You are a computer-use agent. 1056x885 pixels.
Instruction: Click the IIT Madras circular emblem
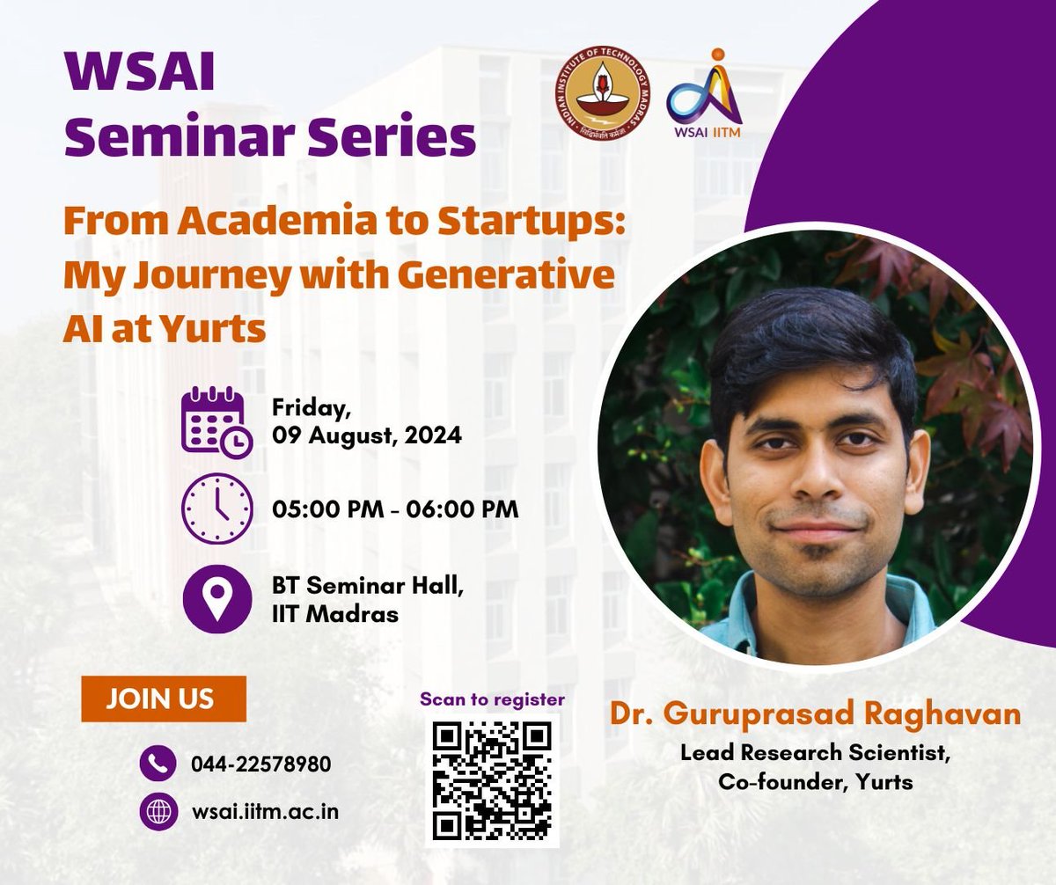point(608,91)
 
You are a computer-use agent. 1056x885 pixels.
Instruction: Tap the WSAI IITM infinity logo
point(703,93)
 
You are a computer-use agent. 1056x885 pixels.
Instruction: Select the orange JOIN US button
point(163,699)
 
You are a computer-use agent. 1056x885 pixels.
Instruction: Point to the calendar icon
point(216,422)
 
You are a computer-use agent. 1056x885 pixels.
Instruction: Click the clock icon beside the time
point(216,509)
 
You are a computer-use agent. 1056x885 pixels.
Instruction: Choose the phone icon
point(159,764)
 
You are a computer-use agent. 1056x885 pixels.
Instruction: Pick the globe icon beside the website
point(159,812)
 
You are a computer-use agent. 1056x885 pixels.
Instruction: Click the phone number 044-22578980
point(261,764)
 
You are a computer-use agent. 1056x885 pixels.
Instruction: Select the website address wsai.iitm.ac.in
point(265,812)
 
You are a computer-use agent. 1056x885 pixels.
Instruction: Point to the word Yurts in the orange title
point(224,329)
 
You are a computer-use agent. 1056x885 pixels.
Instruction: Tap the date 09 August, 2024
point(366,435)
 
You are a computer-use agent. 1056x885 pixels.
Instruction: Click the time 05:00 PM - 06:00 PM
point(394,509)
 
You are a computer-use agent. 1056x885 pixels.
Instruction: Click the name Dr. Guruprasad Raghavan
point(815,713)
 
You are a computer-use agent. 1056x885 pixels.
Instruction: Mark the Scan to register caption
point(492,700)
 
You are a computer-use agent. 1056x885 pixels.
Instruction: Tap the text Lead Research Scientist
point(816,754)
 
